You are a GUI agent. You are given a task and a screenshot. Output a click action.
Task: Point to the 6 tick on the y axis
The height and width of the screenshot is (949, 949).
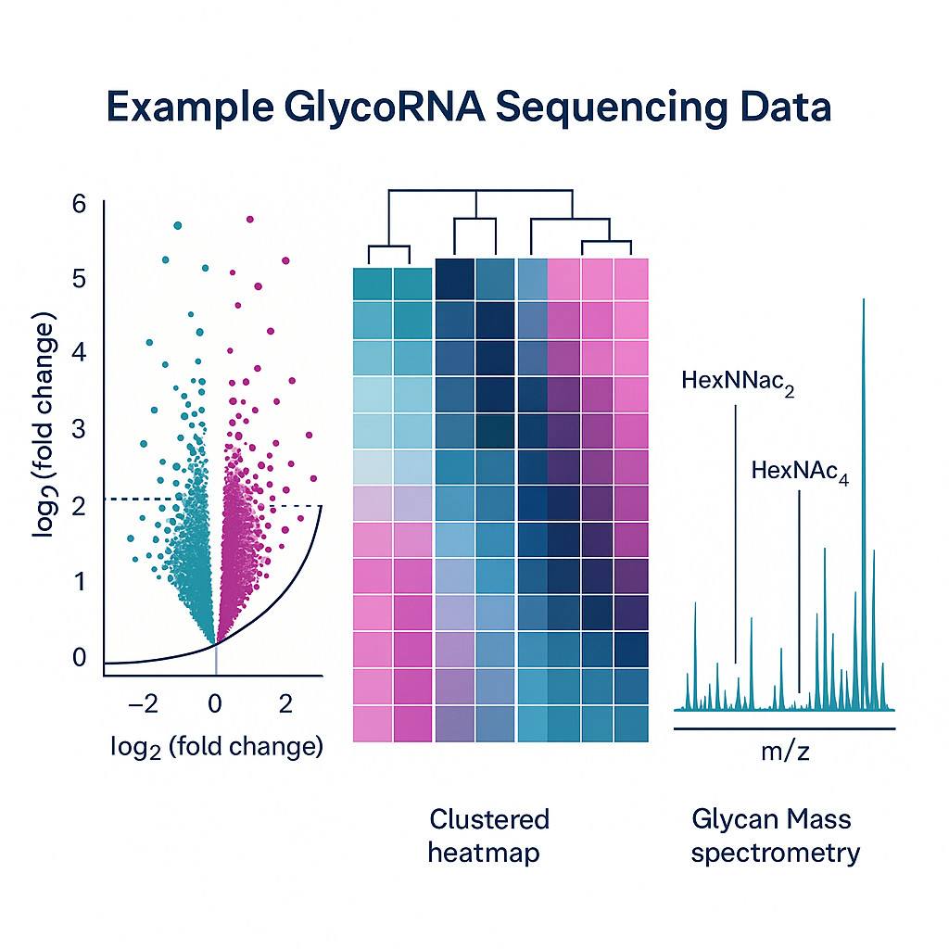[78, 204]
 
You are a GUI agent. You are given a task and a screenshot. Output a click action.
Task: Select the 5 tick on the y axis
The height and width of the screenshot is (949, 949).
[78, 278]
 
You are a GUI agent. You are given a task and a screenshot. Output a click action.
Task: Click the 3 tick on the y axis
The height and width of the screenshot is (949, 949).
[78, 429]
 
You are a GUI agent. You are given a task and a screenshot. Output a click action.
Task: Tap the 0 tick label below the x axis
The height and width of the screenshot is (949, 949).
[215, 704]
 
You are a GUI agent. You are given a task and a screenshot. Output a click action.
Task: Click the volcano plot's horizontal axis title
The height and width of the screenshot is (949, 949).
[215, 746]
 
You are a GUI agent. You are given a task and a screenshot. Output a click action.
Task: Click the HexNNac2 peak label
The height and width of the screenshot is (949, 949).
[738, 382]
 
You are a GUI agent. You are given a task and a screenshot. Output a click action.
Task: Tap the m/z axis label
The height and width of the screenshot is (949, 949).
[785, 752]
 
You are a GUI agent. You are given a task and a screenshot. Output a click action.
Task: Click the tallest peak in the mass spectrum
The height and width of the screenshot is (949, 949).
[864, 306]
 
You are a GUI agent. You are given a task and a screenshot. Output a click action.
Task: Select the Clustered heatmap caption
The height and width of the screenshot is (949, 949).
[488, 835]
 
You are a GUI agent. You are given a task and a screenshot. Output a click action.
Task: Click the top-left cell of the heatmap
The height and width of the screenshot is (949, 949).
[373, 282]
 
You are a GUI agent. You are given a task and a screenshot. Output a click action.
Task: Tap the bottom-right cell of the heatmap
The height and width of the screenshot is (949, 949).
[630, 723]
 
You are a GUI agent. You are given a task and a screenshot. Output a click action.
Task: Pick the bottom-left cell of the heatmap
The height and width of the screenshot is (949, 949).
[373, 723]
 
